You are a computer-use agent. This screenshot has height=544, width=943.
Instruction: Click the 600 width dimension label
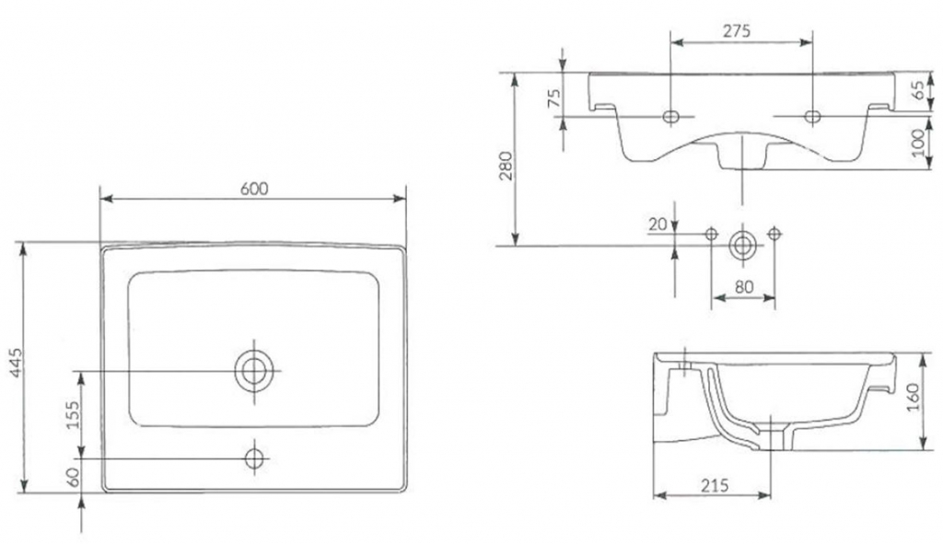point(254,188)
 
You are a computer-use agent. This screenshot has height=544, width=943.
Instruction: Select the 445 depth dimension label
point(17,363)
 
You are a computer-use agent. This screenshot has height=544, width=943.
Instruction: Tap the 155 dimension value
point(72,415)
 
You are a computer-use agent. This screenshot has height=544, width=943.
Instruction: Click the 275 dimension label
point(737,31)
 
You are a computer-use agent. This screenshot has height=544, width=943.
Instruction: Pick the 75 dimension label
point(553,98)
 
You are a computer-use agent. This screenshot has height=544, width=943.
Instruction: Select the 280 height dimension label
point(506,166)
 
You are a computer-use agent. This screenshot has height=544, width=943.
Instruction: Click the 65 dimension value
point(918,90)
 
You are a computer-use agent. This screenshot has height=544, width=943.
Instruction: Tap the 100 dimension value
point(918,143)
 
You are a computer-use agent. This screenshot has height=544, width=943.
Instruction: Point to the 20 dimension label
point(658,225)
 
